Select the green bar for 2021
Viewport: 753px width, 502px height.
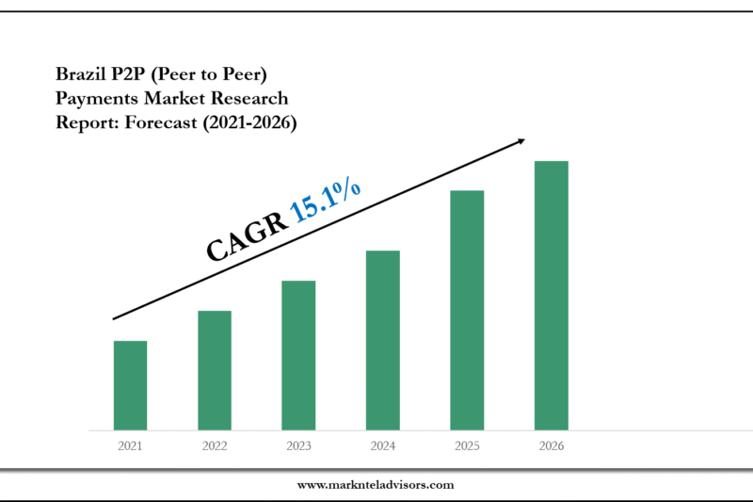[x=130, y=386]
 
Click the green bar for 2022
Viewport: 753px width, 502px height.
[x=215, y=371]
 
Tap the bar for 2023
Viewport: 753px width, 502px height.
[x=298, y=356]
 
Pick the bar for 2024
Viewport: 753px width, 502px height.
[x=383, y=341]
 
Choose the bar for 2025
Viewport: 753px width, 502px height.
[x=467, y=311]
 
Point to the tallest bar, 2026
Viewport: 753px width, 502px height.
[x=552, y=296]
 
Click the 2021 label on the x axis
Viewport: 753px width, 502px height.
[x=130, y=445]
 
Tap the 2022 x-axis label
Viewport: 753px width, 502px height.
[x=215, y=445]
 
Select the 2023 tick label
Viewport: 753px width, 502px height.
[x=298, y=445]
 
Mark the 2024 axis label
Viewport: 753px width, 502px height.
[x=383, y=445]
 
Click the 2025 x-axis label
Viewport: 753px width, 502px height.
[x=467, y=445]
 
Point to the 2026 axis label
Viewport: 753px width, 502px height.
[x=552, y=445]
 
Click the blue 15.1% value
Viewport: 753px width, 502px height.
[x=326, y=201]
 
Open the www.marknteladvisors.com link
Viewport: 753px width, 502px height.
[x=376, y=485]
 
